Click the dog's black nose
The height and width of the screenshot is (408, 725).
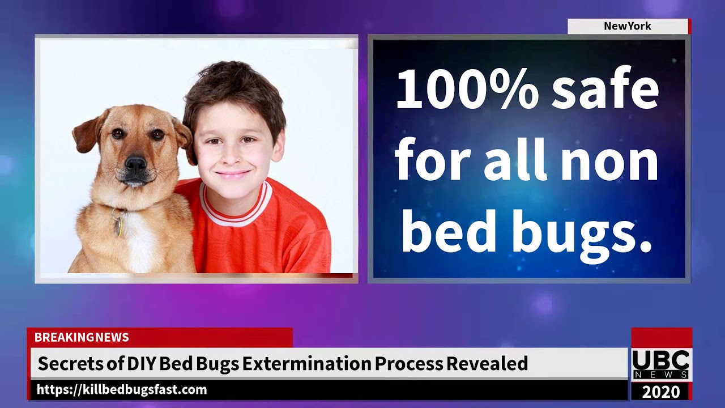(x=136, y=165)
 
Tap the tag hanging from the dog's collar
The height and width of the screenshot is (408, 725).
(x=118, y=225)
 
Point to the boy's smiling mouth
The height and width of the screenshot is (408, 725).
(x=233, y=174)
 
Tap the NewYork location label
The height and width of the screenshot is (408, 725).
(x=628, y=26)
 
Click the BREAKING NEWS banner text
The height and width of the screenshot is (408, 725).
(x=82, y=338)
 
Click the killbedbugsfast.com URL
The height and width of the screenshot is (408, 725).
(x=122, y=390)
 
